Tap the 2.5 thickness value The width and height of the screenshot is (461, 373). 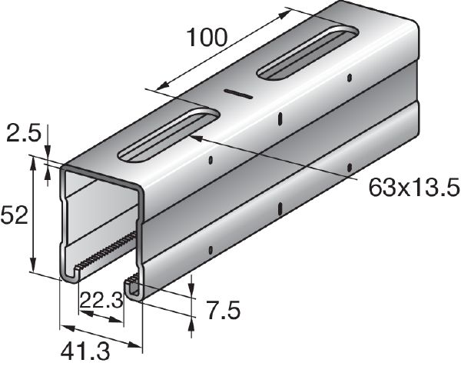24,135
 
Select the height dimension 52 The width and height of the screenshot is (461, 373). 15,215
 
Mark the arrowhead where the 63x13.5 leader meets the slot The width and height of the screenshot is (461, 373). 194,137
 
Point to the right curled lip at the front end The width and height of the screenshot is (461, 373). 134,287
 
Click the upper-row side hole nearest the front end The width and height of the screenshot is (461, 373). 211,162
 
